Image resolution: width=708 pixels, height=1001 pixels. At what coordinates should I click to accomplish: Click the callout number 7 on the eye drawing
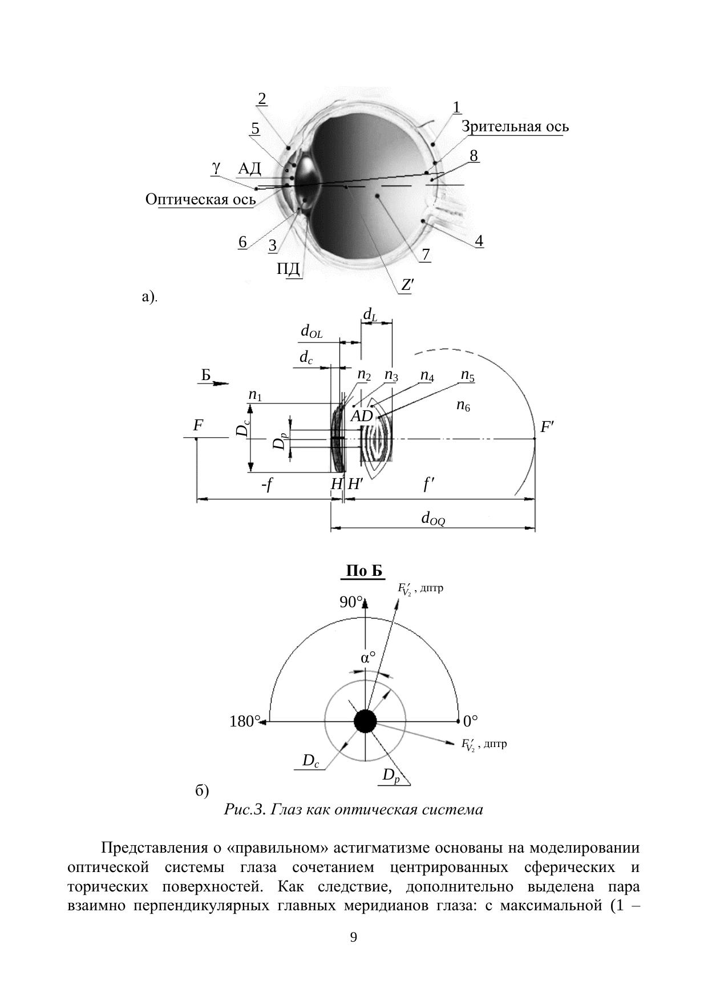[x=426, y=254]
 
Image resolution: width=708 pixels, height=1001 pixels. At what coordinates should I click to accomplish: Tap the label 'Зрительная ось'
[x=515, y=126]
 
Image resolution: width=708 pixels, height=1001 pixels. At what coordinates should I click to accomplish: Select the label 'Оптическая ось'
[x=200, y=199]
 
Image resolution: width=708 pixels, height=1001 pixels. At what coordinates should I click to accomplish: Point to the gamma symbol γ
[x=216, y=167]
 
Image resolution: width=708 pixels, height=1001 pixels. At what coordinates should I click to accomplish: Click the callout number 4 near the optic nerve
[x=479, y=241]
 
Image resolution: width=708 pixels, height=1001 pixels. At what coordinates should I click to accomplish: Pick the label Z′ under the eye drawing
[x=406, y=285]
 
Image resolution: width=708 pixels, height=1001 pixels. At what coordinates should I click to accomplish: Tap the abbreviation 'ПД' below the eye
[x=288, y=268]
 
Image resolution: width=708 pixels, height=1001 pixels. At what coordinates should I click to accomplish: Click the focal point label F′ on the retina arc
[x=547, y=426]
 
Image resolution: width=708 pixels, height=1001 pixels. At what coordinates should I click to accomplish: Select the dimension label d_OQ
[x=433, y=518]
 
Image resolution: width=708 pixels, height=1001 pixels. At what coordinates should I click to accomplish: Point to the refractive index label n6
[x=463, y=406]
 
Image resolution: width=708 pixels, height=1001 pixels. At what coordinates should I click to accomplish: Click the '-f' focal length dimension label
[x=267, y=485]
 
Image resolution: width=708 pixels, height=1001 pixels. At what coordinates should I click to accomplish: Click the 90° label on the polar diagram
[x=351, y=602]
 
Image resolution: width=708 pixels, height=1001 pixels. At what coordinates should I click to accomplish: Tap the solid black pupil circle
[x=365, y=721]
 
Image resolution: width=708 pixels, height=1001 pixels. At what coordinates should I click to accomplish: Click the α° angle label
[x=369, y=657]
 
